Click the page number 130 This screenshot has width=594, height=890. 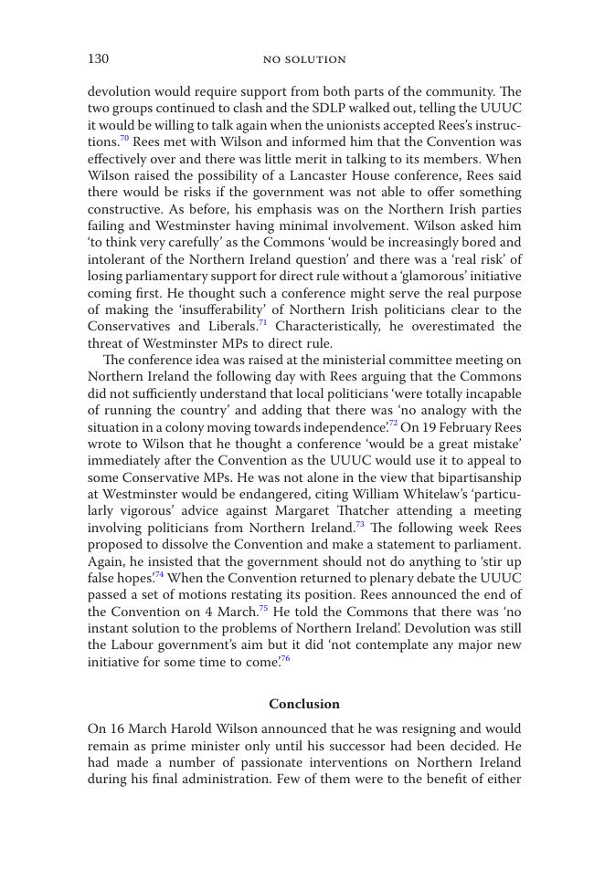(x=98, y=59)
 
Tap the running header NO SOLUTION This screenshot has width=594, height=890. (x=304, y=60)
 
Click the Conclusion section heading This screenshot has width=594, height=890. (x=304, y=704)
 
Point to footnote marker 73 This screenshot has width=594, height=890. (x=359, y=525)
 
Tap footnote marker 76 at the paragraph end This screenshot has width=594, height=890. (x=285, y=659)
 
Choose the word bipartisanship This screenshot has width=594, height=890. (x=477, y=477)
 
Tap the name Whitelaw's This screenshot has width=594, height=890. (x=431, y=494)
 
